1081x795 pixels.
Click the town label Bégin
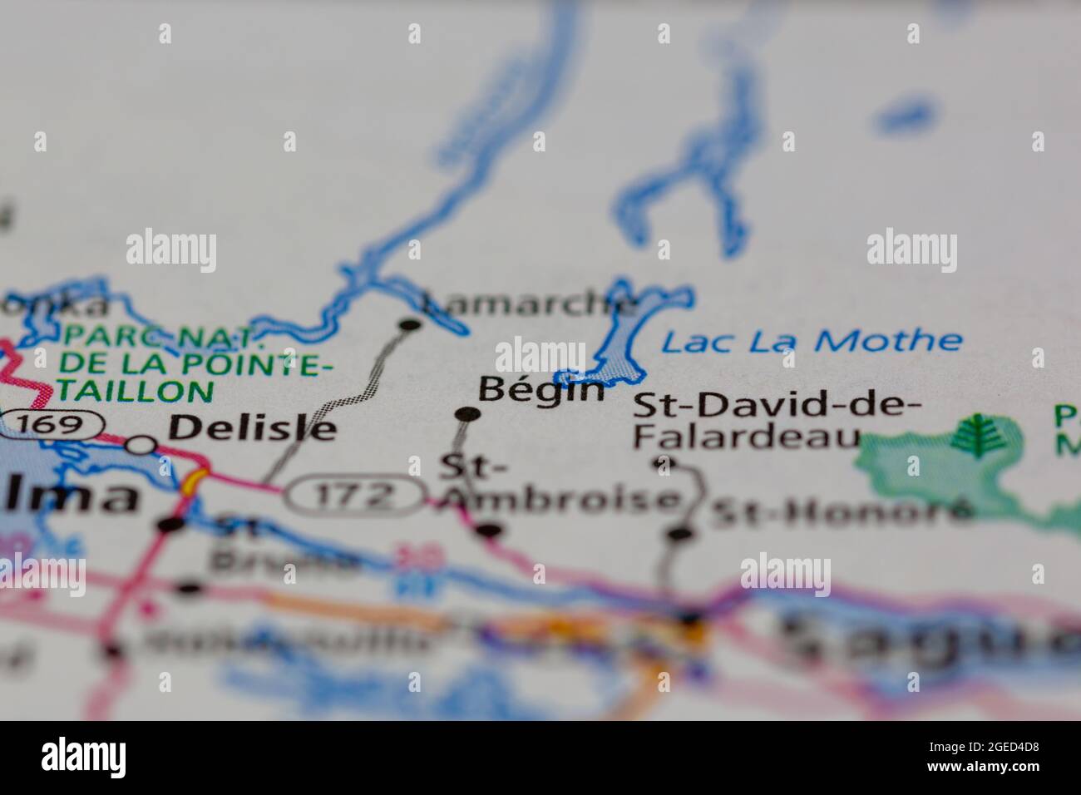click(540, 389)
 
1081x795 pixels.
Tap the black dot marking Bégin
click(468, 413)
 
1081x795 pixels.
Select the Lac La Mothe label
click(812, 341)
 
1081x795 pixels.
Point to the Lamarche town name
click(531, 304)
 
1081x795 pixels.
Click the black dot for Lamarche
click(409, 325)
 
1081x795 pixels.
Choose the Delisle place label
click(253, 428)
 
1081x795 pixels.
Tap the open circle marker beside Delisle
click(142, 445)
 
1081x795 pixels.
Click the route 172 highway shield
click(355, 496)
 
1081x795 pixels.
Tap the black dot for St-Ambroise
click(490, 530)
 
